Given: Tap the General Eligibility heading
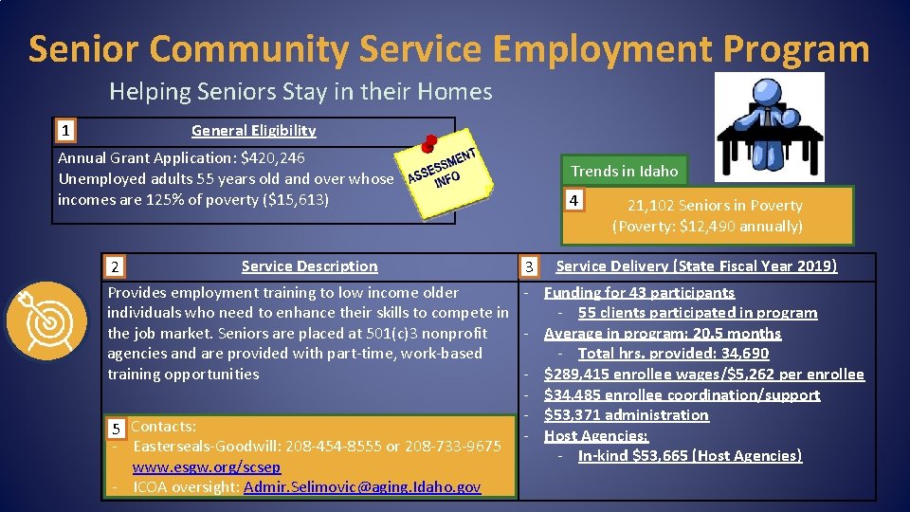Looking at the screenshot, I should pyautogui.click(x=253, y=130).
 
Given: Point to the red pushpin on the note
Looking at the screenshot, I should pyautogui.click(x=428, y=141).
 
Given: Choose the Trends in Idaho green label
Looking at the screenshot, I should pyautogui.click(x=624, y=171).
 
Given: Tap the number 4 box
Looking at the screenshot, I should pyautogui.click(x=572, y=200).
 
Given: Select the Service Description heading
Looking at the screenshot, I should pyautogui.click(x=309, y=266).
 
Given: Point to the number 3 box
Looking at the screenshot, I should pyautogui.click(x=531, y=267).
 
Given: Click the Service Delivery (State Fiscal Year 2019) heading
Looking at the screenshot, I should pyautogui.click(x=696, y=266).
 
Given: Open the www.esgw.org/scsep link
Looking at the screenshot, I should pyautogui.click(x=206, y=466).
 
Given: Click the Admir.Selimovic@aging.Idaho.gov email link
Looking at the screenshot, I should pyautogui.click(x=361, y=487).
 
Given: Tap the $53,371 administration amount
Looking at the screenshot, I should pyautogui.click(x=573, y=414).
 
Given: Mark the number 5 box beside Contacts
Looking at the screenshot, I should pyautogui.click(x=117, y=428).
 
